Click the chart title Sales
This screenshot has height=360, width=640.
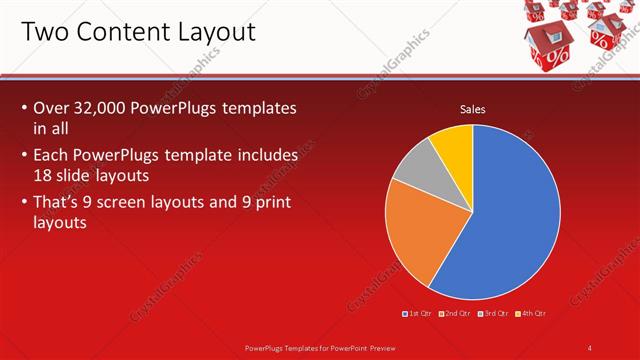pyautogui.click(x=472, y=110)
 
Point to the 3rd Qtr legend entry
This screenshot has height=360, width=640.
pyautogui.click(x=494, y=313)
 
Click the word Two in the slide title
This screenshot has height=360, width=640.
pyautogui.click(x=46, y=32)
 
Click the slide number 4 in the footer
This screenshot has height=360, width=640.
pyautogui.click(x=590, y=347)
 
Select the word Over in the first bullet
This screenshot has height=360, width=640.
pyautogui.click(x=50, y=107)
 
